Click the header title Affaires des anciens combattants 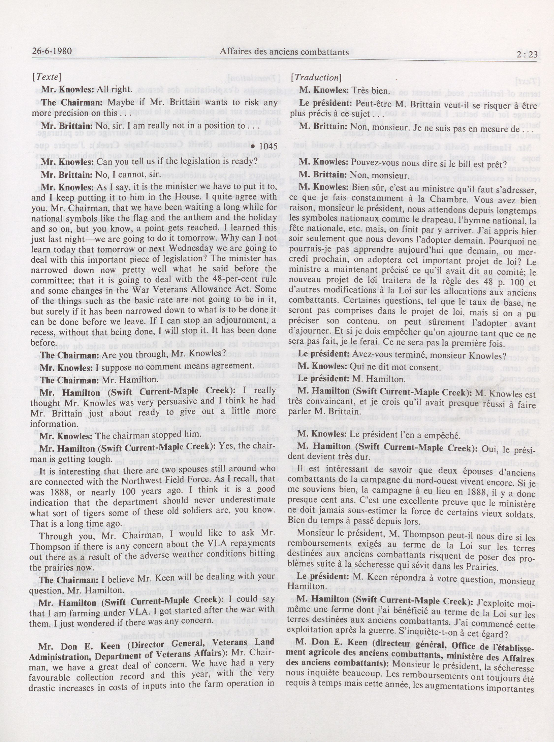pyautogui.click(x=284, y=52)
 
